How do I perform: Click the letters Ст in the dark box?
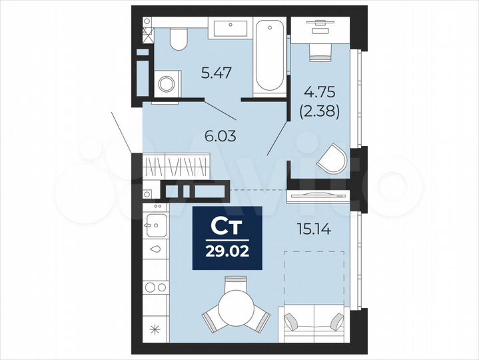pyautogui.click(x=227, y=227)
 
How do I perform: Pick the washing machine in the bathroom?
pyautogui.click(x=167, y=84)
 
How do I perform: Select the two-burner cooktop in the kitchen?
pyautogui.click(x=155, y=287)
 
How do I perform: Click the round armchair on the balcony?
pyautogui.click(x=332, y=161)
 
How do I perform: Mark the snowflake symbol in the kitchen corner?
pyautogui.click(x=155, y=328)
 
